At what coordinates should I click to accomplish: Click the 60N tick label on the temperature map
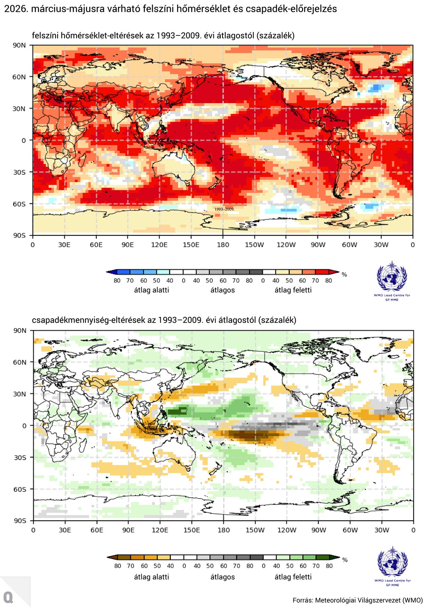(19, 77)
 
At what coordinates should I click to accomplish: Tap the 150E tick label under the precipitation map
(191, 530)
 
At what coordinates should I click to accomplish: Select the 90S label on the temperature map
(19, 236)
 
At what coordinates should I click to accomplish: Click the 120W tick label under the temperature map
(286, 245)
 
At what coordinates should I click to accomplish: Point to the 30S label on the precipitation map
(20, 458)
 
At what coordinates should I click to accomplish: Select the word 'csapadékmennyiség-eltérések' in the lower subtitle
(88, 320)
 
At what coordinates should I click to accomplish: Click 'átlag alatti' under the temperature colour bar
(151, 290)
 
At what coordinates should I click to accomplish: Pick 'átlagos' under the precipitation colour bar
(223, 577)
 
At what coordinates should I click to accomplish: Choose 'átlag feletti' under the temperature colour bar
(293, 290)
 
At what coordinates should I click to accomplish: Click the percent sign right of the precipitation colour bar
(345, 560)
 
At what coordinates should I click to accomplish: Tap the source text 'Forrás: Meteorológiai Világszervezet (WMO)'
(358, 600)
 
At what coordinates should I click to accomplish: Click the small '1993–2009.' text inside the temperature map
(224, 209)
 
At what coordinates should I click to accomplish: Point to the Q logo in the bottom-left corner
(8, 597)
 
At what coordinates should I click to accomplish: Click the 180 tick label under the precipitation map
(224, 530)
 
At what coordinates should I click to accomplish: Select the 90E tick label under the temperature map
(127, 245)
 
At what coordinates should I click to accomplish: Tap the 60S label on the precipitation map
(20, 489)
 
